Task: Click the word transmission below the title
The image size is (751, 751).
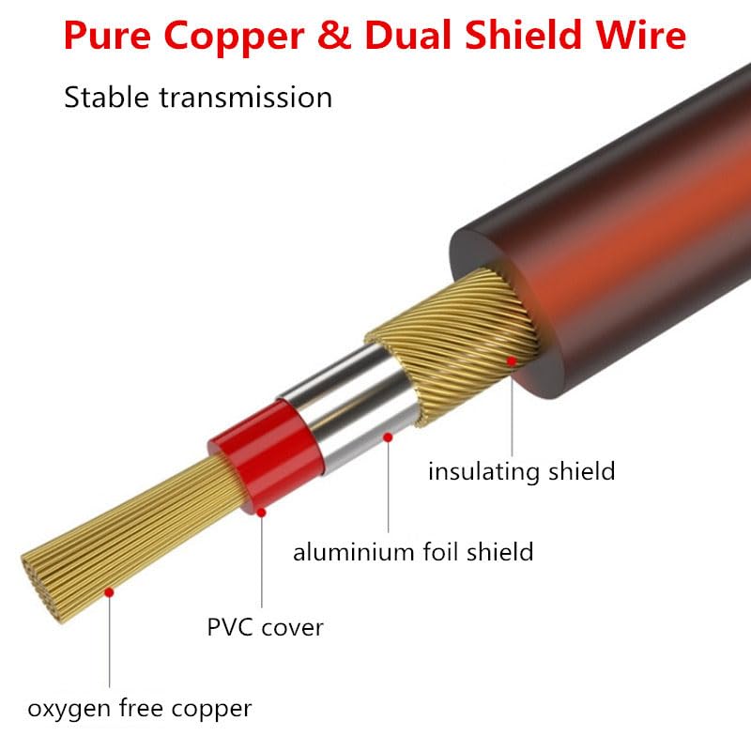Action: [x=244, y=97]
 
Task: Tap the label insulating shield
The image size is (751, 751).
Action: [x=522, y=470]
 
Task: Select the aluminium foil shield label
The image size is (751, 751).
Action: [x=413, y=551]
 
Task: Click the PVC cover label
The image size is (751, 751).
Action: [x=266, y=626]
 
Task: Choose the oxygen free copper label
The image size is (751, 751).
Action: [x=140, y=708]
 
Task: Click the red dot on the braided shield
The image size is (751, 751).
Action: [x=512, y=360]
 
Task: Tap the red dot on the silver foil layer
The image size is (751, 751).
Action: [x=387, y=437]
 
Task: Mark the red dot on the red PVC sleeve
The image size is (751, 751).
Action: [x=262, y=513]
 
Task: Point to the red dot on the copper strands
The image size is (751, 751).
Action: [x=110, y=592]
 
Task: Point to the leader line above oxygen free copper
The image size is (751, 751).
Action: [x=110, y=648]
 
